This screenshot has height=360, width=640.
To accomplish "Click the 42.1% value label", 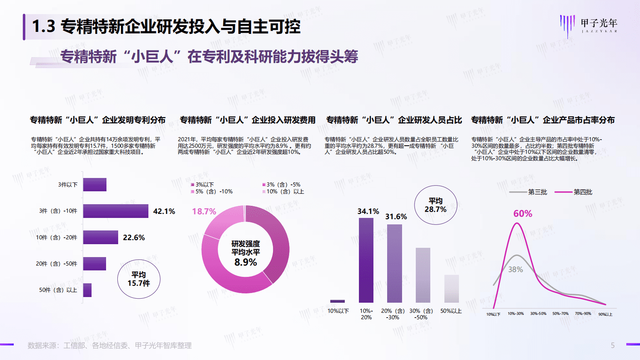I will point(164,211).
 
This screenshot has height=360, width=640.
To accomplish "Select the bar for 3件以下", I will point(95,184).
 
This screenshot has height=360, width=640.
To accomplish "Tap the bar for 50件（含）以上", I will point(87,290).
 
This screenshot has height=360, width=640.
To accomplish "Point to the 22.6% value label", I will point(133,238).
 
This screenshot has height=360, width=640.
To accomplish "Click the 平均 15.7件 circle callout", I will point(139,279).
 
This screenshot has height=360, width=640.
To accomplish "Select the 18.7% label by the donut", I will point(204,211).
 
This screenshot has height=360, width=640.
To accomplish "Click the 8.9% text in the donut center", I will point(246,262).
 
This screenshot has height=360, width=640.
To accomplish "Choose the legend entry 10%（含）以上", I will point(283,191).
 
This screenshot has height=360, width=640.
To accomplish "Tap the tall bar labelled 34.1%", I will point(366,260).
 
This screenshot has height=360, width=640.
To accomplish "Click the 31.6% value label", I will point(396,217).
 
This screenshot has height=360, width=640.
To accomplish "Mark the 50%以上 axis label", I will point(451,311).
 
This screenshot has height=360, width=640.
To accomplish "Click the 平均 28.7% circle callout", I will point(436,205).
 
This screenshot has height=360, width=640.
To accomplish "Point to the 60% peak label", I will point(523,213).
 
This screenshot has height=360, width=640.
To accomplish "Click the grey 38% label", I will point(515,269).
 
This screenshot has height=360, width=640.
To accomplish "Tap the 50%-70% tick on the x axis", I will point(560,314).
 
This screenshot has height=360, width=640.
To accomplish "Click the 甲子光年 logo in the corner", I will point(589,25).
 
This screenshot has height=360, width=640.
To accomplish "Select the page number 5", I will point(612,345).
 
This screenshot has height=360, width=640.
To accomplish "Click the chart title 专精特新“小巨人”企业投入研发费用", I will point(247,120).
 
